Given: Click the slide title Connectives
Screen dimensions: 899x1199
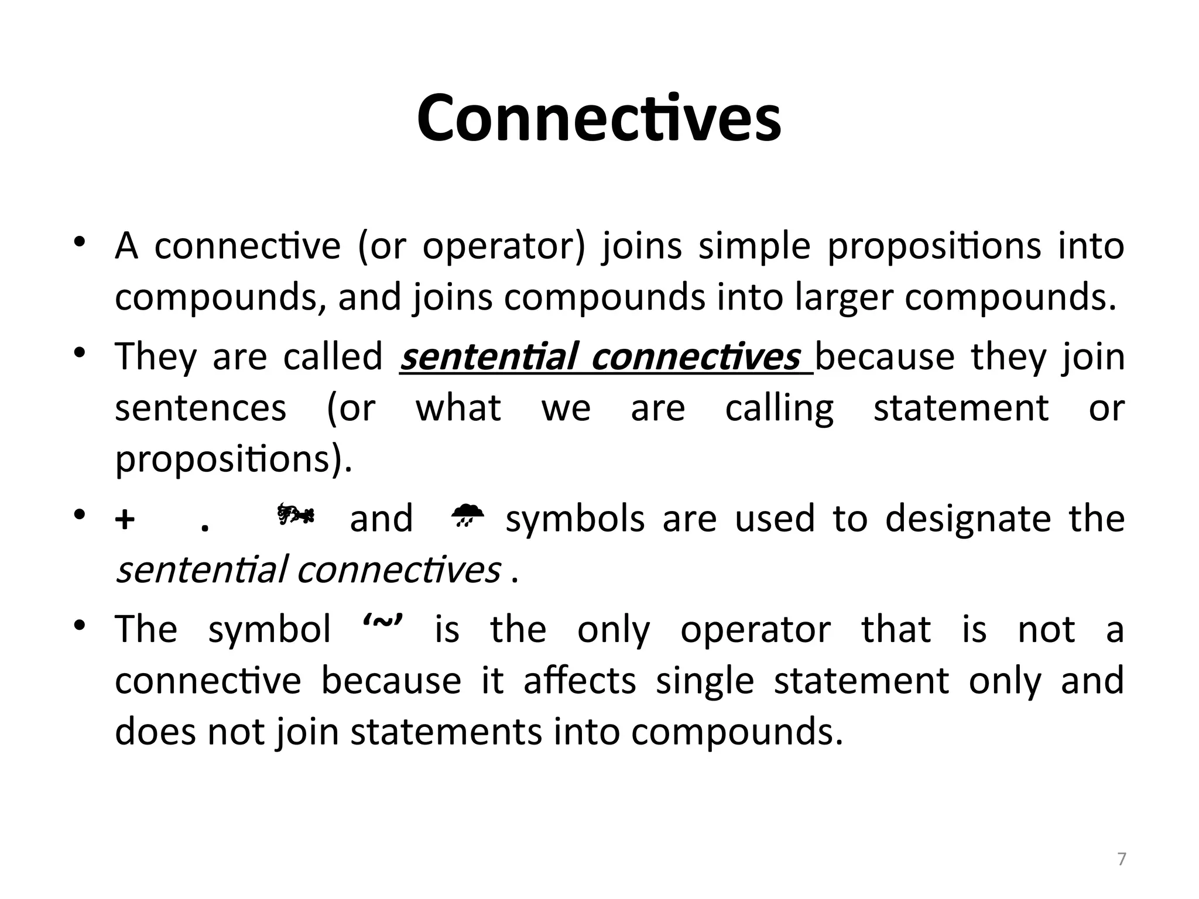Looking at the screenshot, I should pyautogui.click(x=598, y=119).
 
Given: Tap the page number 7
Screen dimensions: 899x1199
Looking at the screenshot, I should pyautogui.click(x=1122, y=860).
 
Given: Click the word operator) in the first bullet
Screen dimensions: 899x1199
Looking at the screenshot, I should pyautogui.click(x=504, y=246).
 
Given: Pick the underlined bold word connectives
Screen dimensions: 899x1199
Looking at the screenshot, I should pyautogui.click(x=696, y=356).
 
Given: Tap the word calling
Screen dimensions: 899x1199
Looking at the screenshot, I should pyautogui.click(x=779, y=409).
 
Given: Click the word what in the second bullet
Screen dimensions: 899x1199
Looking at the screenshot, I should pyautogui.click(x=458, y=409).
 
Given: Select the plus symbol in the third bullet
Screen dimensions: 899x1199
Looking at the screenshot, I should pyautogui.click(x=125, y=520).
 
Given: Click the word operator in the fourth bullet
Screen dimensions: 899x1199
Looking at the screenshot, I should pyautogui.click(x=755, y=630).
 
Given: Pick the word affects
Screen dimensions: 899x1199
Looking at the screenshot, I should pyautogui.click(x=580, y=681).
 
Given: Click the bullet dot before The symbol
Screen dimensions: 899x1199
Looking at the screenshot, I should pyautogui.click(x=80, y=626).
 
